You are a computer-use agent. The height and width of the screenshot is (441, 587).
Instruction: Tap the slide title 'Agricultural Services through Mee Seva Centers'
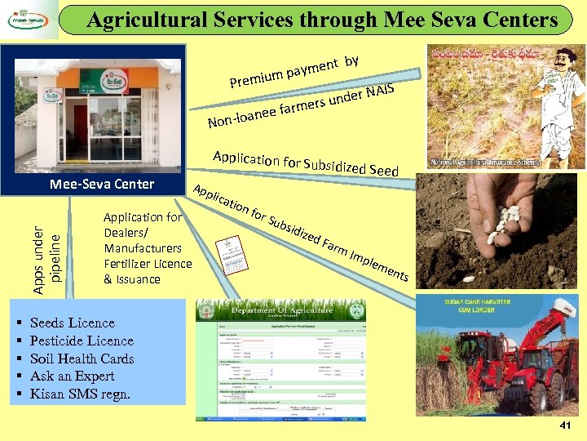click(322, 20)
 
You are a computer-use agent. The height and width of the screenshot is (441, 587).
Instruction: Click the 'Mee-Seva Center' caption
click(102, 184)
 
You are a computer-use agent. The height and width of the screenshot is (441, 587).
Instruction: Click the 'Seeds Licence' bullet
click(72, 323)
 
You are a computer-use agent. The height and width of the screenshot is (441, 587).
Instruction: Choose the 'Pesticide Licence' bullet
click(82, 341)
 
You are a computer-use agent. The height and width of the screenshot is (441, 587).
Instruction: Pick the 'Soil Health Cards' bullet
click(82, 359)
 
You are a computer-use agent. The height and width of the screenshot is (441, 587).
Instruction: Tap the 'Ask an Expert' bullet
click(72, 376)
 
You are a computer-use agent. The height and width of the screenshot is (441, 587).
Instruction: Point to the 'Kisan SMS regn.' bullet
click(80, 394)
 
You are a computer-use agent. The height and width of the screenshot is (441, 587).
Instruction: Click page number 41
click(565, 426)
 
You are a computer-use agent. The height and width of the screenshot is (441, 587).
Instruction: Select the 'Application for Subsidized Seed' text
click(305, 163)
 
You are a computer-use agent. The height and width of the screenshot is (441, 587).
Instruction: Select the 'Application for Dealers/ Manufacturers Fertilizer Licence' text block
click(148, 248)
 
